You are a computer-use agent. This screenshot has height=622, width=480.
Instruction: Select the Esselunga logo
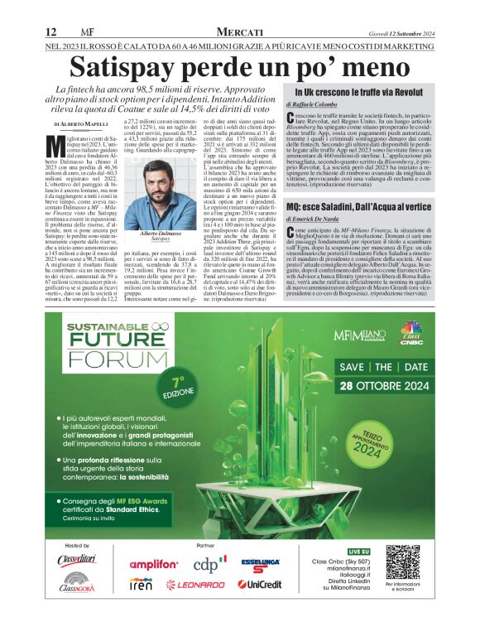259,565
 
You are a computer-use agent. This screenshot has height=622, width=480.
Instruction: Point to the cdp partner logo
209,564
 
